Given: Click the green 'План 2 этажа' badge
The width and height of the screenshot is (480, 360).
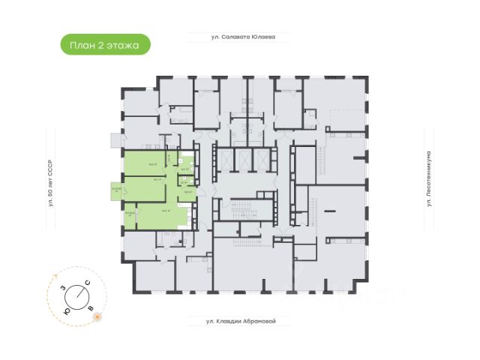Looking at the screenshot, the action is [105, 45].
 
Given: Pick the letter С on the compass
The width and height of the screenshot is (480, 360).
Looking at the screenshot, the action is [88, 282].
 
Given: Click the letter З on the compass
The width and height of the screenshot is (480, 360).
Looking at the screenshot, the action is [62, 288].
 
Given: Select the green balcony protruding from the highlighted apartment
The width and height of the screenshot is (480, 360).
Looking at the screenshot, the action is [116, 190].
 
